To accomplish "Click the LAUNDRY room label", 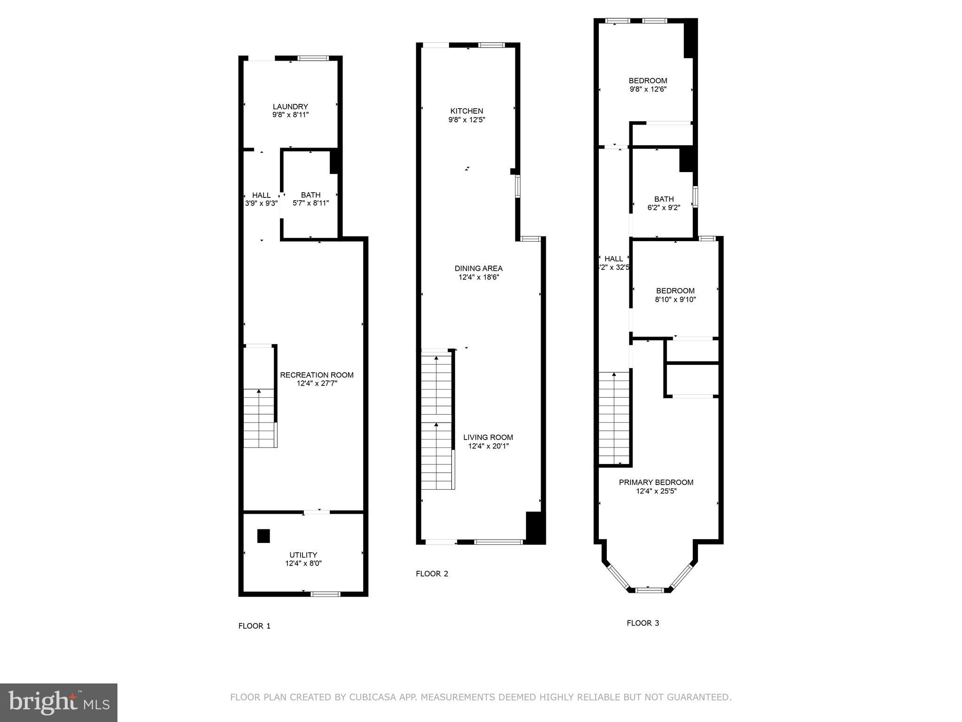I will (x=290, y=107).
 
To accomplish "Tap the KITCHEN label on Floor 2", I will (x=466, y=111).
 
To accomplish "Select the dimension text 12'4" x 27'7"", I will (x=317, y=384).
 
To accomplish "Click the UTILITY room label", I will (x=303, y=555).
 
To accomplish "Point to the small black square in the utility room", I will (x=264, y=536).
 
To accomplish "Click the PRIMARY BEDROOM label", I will (x=656, y=482).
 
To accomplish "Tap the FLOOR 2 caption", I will (x=432, y=573).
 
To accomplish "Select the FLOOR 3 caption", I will (x=643, y=623).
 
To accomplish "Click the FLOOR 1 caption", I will (x=254, y=626).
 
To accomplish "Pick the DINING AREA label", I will (x=478, y=268).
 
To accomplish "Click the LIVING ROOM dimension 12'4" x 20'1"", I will (x=488, y=446).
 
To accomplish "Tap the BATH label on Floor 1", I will (x=310, y=195).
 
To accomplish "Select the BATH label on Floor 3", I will (x=664, y=199).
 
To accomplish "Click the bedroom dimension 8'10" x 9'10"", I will (x=675, y=299).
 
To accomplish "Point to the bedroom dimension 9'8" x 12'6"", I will (x=648, y=89).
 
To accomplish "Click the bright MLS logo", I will (x=59, y=702).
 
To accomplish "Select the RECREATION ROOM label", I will (x=317, y=375).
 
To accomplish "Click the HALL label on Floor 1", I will (x=261, y=195).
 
